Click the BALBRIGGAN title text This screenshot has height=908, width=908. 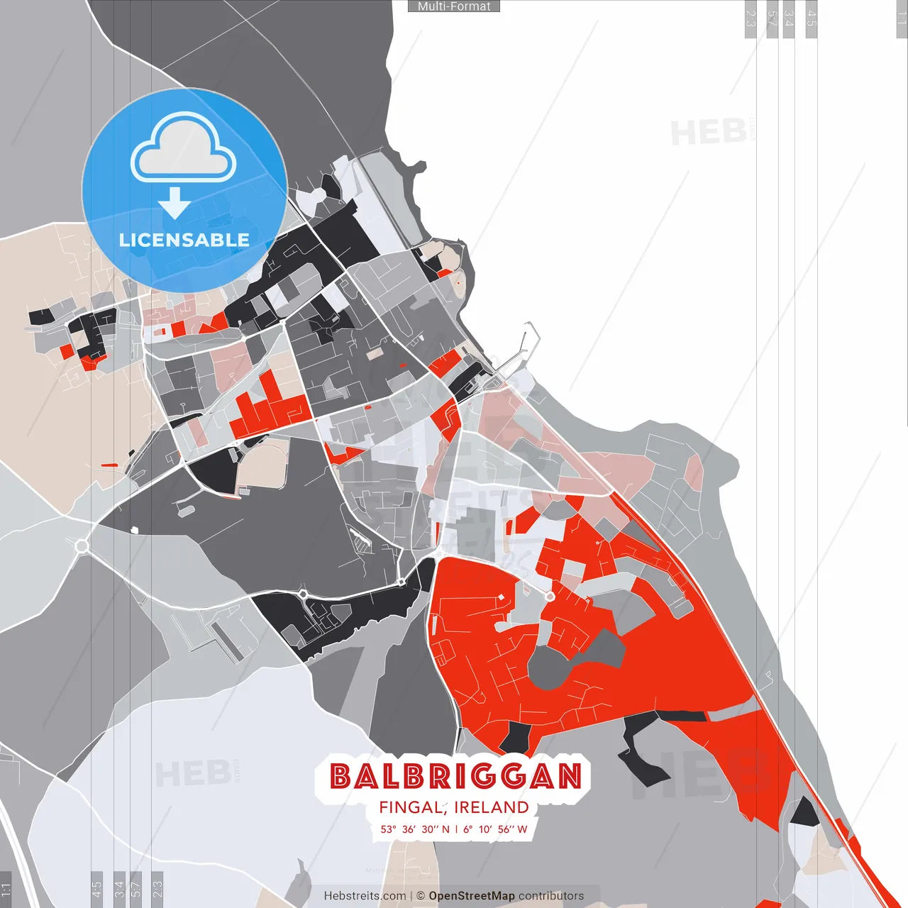click(x=455, y=776)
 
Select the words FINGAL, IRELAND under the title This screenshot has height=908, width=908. click(x=454, y=807)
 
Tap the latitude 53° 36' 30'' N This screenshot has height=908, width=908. click(x=414, y=829)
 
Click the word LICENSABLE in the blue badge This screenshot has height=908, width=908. click(x=184, y=240)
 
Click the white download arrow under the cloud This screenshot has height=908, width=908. click(x=174, y=203)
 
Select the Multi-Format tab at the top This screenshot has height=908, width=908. click(x=454, y=6)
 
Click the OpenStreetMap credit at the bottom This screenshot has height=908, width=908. click(x=471, y=896)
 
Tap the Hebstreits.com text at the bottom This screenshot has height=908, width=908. click(x=365, y=896)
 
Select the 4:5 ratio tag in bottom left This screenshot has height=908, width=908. click(x=96, y=888)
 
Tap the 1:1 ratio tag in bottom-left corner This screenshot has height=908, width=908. click(x=6, y=890)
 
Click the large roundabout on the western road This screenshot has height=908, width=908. click(x=82, y=546)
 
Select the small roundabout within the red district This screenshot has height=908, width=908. click(x=550, y=597)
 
